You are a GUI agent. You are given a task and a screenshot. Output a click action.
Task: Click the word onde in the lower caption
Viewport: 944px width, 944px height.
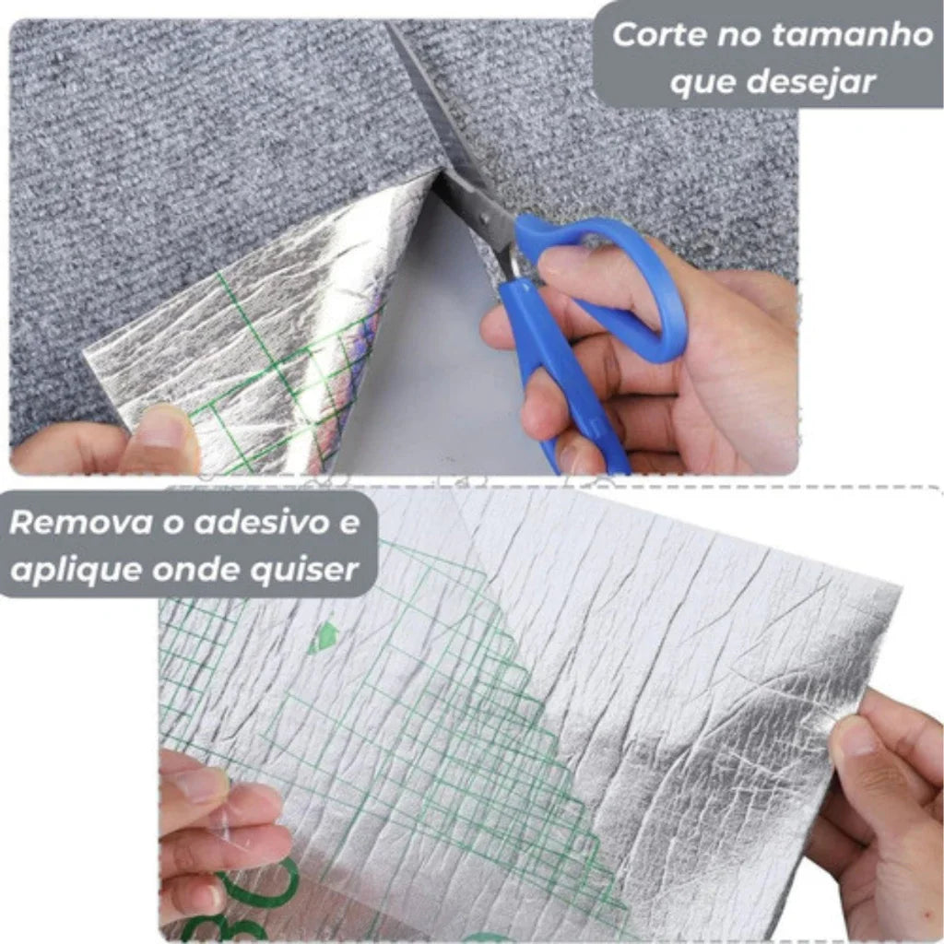(193, 569)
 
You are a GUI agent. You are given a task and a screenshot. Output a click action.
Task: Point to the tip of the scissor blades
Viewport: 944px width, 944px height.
(391, 28)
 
